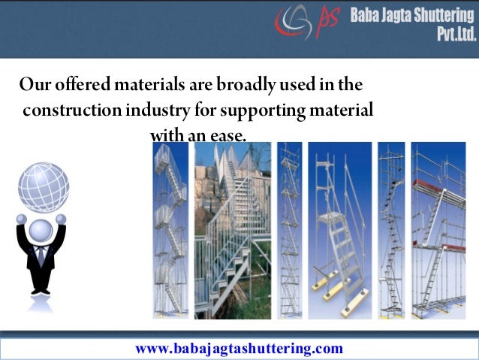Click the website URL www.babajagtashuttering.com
click(x=239, y=348)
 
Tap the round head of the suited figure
click(x=41, y=229)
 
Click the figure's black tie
click(x=41, y=256)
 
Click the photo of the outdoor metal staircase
click(x=233, y=230)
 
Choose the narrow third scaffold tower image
click(x=290, y=230)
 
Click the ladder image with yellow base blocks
click(x=340, y=230)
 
